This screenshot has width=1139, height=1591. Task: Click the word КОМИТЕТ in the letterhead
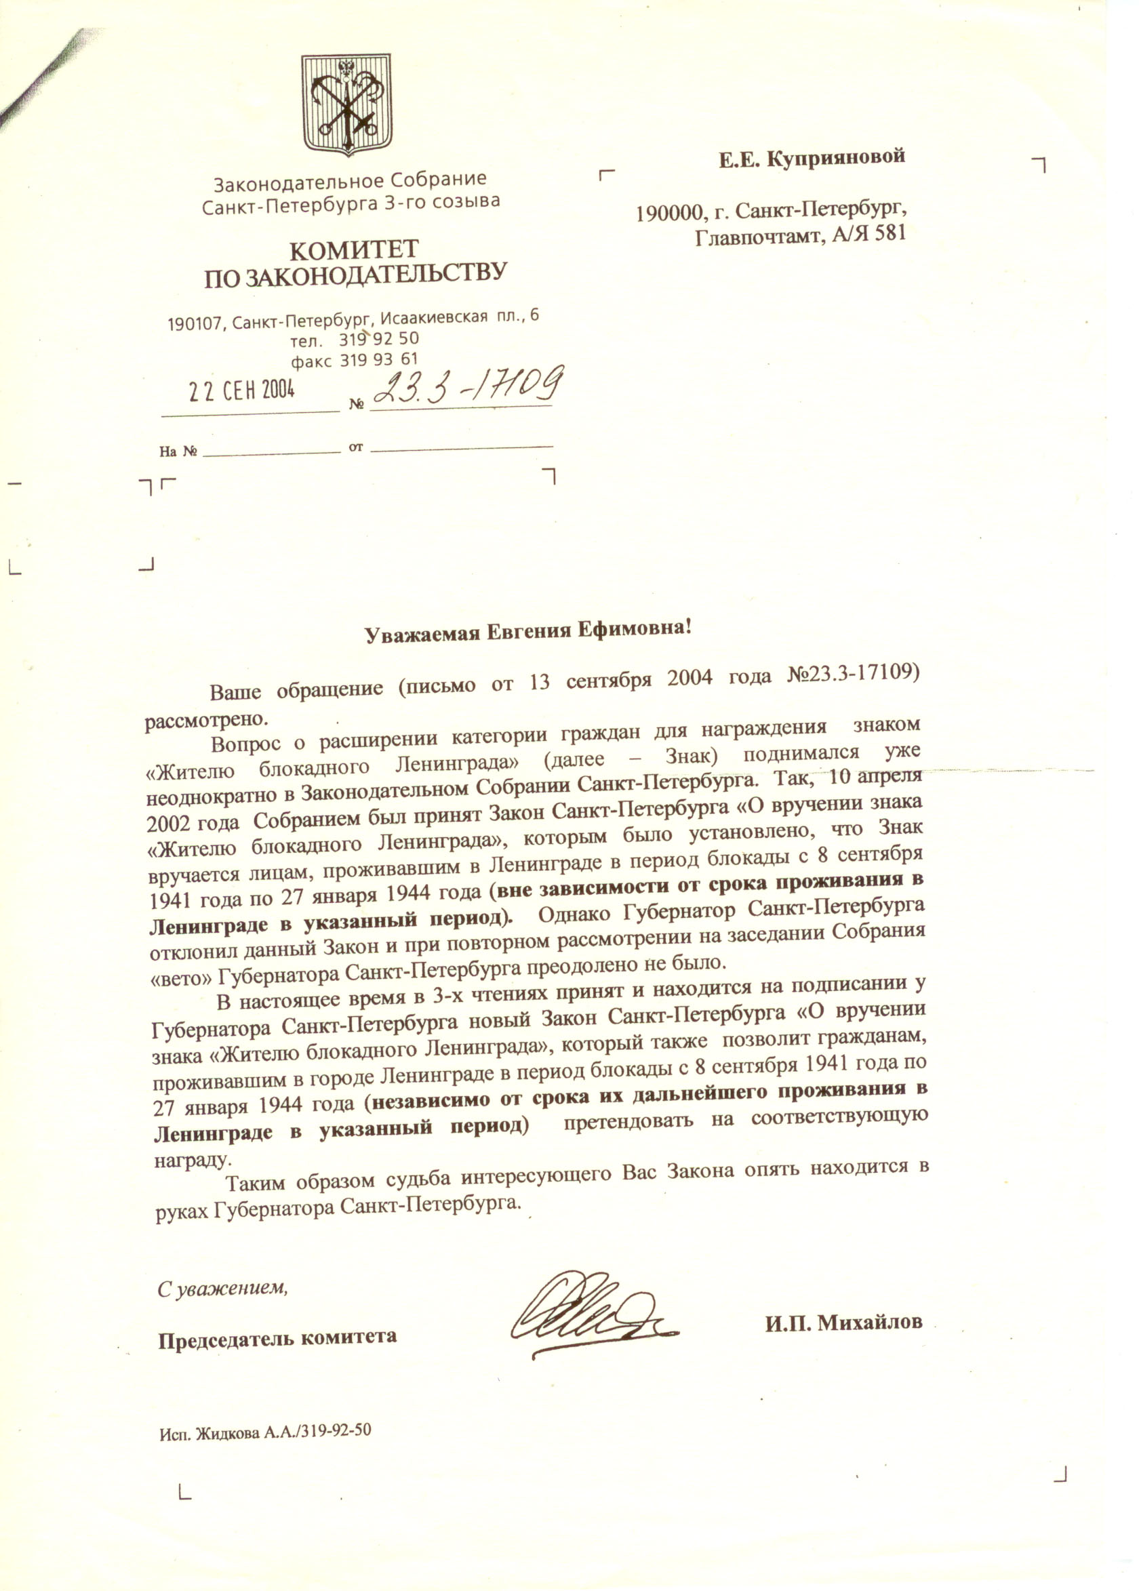(354, 250)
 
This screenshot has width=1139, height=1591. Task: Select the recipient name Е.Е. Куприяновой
(812, 158)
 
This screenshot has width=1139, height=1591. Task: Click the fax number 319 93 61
(380, 361)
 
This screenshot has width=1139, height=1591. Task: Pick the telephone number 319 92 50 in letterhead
(380, 340)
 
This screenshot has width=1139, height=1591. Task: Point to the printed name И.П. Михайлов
(843, 1323)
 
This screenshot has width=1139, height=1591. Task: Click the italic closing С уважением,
(223, 1288)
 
